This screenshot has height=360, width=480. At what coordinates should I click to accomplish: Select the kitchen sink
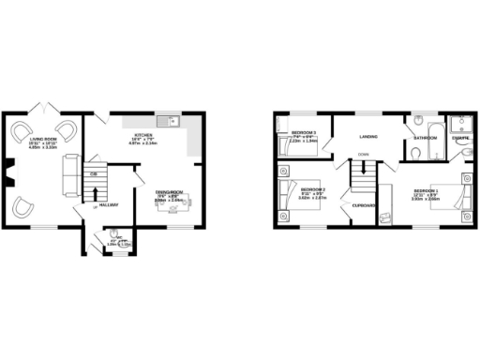[x=168, y=121]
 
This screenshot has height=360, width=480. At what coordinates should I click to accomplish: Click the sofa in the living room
[x=68, y=172]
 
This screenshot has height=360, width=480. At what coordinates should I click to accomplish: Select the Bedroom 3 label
[x=303, y=133]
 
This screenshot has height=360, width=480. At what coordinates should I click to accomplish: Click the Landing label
[x=367, y=137]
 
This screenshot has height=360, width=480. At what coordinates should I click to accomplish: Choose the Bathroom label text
[x=427, y=138]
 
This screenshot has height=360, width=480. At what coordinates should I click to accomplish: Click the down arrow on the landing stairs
[x=363, y=170]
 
